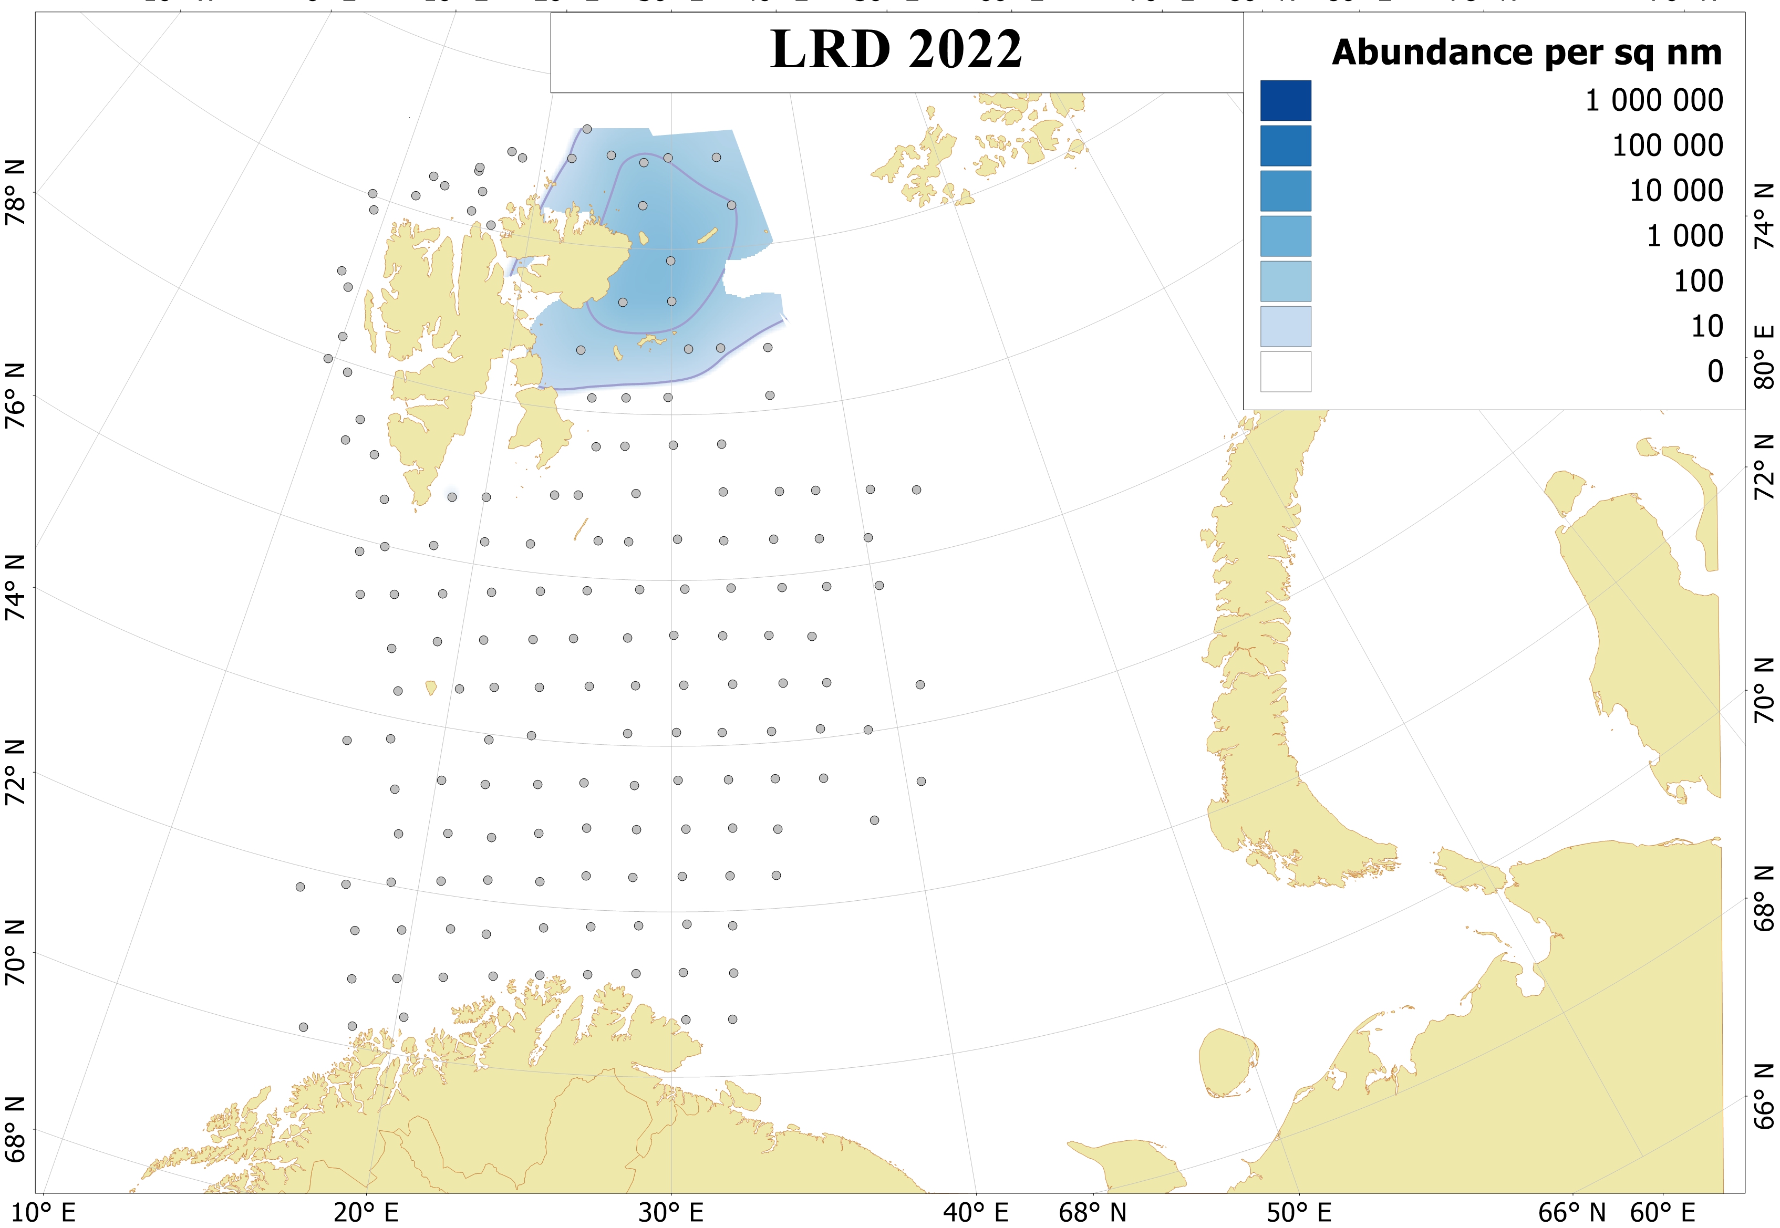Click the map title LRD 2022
[x=896, y=49]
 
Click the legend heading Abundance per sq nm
[x=1527, y=53]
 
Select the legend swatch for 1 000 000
[x=1285, y=101]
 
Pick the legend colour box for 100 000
[x=1285, y=146]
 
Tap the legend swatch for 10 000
[x=1285, y=191]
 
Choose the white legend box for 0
[x=1285, y=372]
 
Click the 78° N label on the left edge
[x=15, y=192]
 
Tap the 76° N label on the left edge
[x=15, y=396]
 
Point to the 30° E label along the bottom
[x=671, y=1213]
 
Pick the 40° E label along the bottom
[x=976, y=1213]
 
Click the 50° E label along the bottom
[x=1299, y=1213]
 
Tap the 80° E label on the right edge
[x=1765, y=357]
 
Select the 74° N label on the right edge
[x=1765, y=216]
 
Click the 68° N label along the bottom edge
[x=1093, y=1213]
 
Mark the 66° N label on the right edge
[x=1765, y=1097]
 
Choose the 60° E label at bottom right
[x=1662, y=1213]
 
